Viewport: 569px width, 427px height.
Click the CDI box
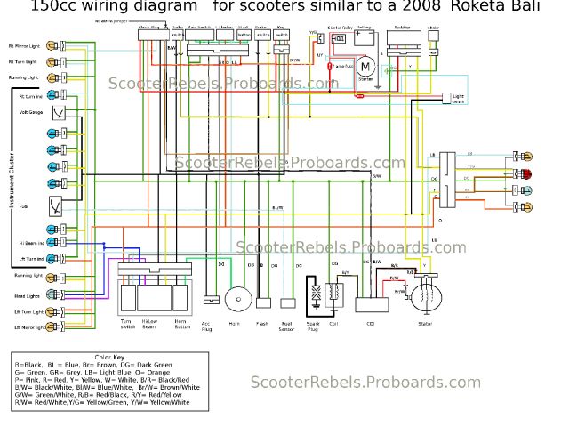pos(371,303)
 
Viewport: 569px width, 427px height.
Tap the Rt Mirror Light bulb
pos(56,45)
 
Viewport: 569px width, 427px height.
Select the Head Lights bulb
pos(56,295)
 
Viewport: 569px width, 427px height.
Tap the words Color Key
pos(108,357)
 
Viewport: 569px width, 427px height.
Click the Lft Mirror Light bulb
pos(56,327)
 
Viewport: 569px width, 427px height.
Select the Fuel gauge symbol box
pos(56,205)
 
